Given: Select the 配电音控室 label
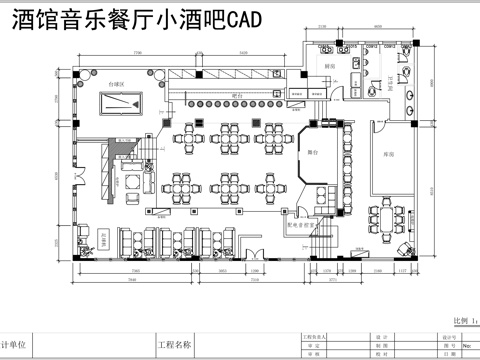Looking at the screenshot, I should coord(303,226).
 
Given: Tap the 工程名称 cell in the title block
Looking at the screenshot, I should coord(174,345).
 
